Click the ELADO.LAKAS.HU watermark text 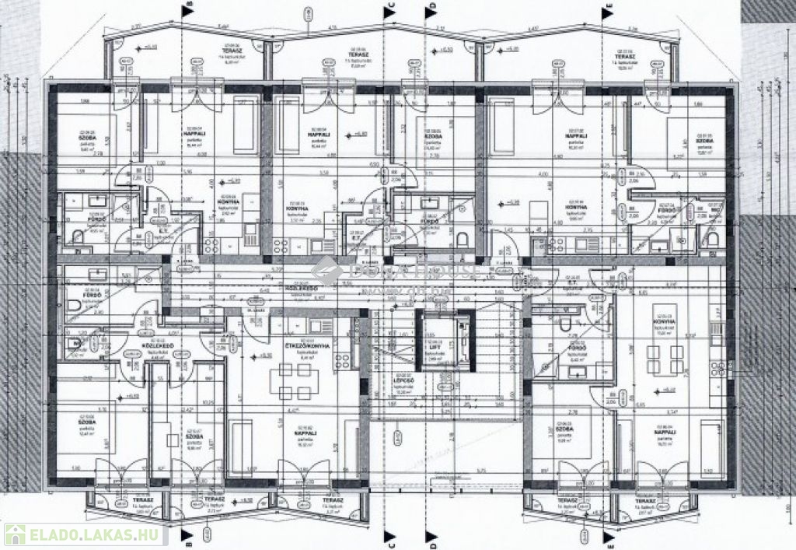coord(79,534)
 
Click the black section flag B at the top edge coord(187,9)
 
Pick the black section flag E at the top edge coord(609,9)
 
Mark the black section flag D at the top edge coord(430,9)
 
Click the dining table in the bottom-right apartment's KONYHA coord(661,360)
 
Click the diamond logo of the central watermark coord(322,271)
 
